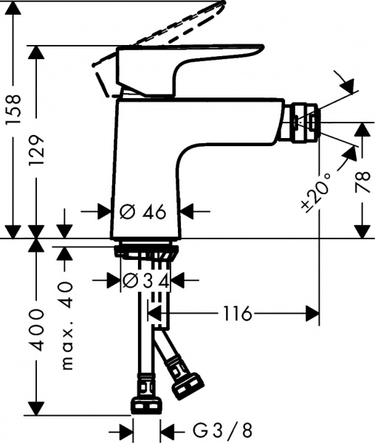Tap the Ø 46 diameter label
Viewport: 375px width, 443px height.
point(142,212)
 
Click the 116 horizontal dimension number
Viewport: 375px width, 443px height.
point(235,314)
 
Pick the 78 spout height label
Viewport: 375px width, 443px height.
point(362,182)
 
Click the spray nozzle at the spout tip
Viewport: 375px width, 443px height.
point(305,121)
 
